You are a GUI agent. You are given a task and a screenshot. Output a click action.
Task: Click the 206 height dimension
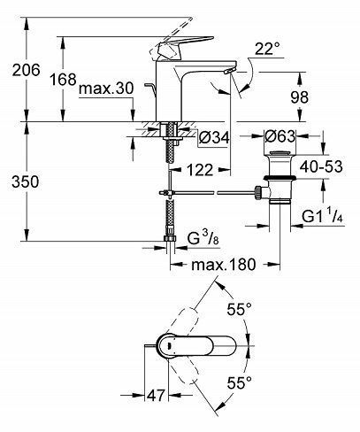pyautogui.click(x=20, y=72)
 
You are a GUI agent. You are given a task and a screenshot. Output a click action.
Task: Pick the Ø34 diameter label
pyautogui.click(x=214, y=138)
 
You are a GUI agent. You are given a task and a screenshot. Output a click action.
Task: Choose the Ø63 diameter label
pyautogui.click(x=281, y=138)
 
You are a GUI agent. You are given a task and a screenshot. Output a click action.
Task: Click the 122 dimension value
pyautogui.click(x=200, y=168)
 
